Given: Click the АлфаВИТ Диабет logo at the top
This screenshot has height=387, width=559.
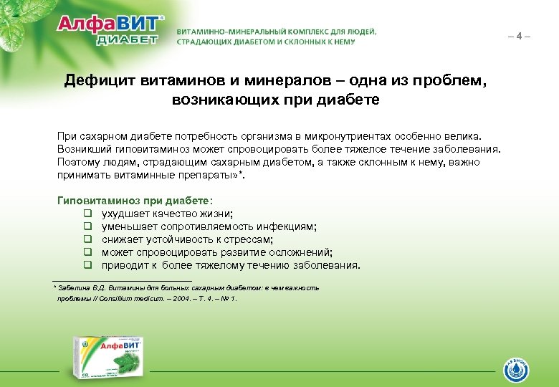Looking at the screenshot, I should click(111, 29).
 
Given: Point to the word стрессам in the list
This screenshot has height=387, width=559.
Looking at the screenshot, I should click(252, 239).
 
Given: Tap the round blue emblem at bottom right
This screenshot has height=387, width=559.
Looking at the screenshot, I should click(517, 371).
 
